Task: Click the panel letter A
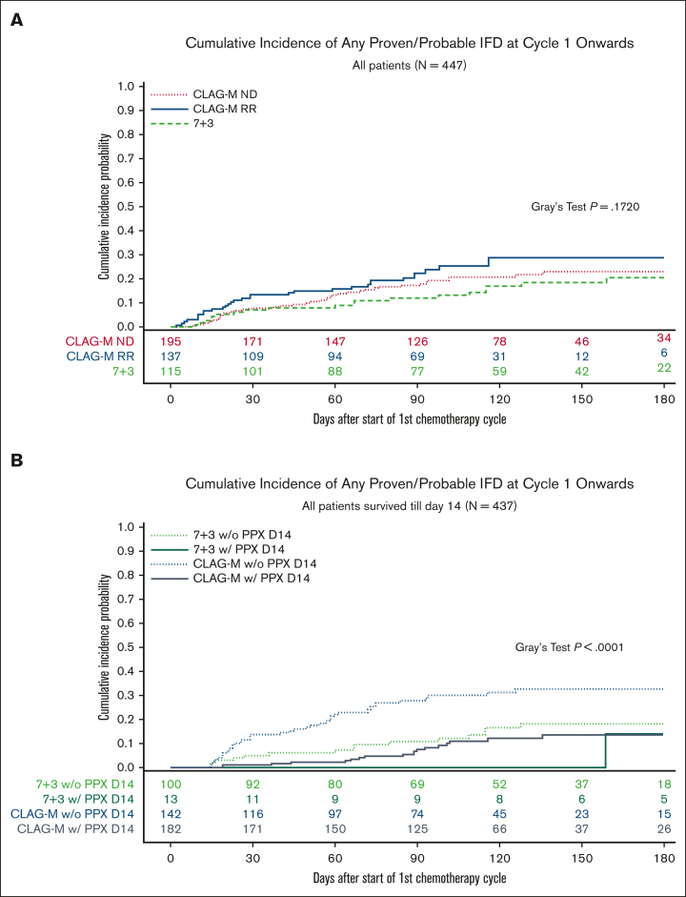coord(17,21)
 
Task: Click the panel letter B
coord(17,460)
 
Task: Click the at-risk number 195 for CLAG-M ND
coord(171,341)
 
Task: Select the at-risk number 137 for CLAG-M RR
coord(171,356)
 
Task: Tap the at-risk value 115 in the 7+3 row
coord(171,370)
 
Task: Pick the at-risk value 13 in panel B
coord(171,797)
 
